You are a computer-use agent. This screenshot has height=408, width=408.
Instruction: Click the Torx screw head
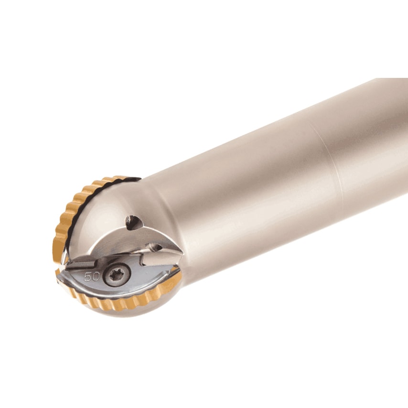(x=116, y=275)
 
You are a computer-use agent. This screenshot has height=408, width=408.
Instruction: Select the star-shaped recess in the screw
(x=116, y=275)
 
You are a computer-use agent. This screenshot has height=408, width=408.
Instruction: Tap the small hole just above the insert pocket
(x=154, y=247)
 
